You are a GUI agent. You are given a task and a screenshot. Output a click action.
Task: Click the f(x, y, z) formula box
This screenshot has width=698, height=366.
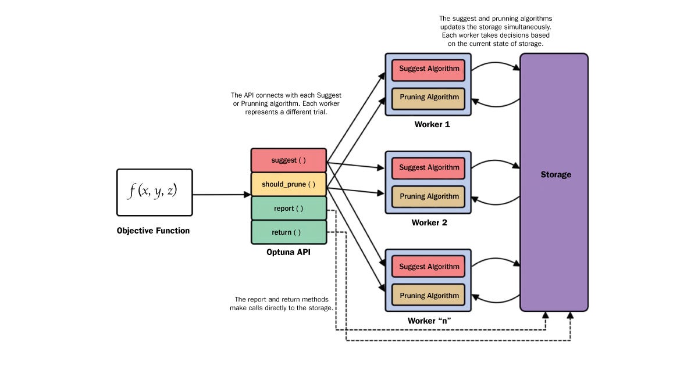[x=154, y=192]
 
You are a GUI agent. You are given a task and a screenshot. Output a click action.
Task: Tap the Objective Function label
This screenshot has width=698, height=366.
[x=153, y=231]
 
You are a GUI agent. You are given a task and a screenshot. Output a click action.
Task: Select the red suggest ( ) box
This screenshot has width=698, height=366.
[x=288, y=160]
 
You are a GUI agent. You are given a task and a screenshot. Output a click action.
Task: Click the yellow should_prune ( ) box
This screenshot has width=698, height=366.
[x=288, y=184]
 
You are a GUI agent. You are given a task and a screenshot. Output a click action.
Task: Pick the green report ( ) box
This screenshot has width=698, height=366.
[x=288, y=208]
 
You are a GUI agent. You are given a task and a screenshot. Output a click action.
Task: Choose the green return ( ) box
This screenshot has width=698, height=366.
[x=288, y=232]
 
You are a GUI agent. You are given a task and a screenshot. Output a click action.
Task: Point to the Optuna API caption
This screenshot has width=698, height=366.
[x=289, y=252]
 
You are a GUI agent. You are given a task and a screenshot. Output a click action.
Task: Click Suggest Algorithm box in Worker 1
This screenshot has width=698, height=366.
[x=429, y=69]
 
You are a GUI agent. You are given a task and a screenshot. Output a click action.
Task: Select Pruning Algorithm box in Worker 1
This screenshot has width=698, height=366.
[x=429, y=97]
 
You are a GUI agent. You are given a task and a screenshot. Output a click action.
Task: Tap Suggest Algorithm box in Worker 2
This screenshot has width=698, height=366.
[x=429, y=168]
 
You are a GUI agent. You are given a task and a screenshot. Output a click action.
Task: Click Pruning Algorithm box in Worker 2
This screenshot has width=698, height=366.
[x=429, y=196]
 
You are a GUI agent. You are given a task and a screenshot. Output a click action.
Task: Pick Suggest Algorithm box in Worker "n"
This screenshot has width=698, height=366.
[x=429, y=267]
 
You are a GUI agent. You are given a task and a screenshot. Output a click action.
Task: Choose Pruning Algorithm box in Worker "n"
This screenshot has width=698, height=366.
[x=429, y=295]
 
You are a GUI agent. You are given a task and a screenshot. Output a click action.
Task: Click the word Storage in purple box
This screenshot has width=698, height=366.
[x=555, y=174]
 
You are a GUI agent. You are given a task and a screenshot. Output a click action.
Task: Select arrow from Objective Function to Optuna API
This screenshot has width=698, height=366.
[x=221, y=195]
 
